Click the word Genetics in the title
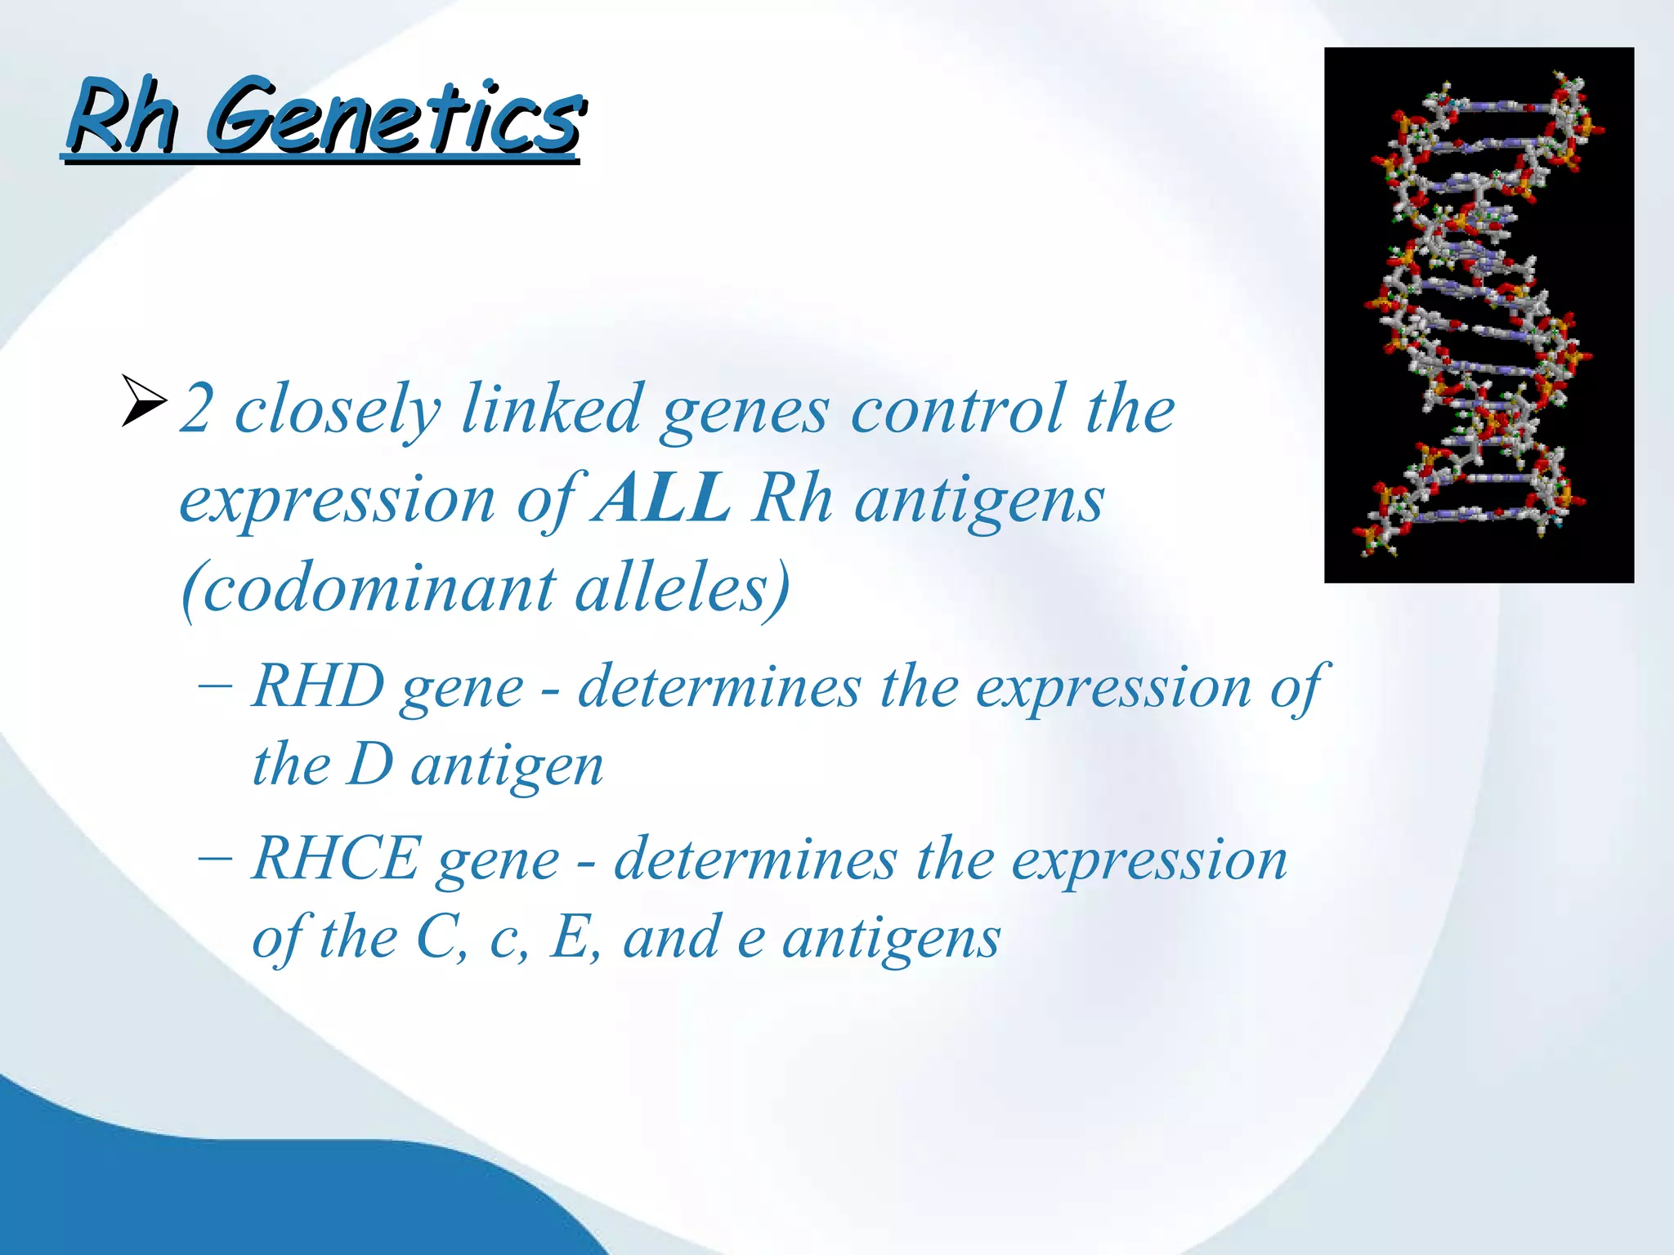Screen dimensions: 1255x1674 (394, 117)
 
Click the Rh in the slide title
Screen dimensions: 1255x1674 (123, 117)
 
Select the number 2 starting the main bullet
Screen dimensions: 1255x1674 (197, 409)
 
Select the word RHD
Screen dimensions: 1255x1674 (318, 686)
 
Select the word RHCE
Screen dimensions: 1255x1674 (336, 859)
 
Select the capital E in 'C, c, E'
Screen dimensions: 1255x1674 (571, 937)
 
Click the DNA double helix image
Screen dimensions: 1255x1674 (1478, 315)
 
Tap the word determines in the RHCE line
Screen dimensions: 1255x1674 (755, 860)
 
